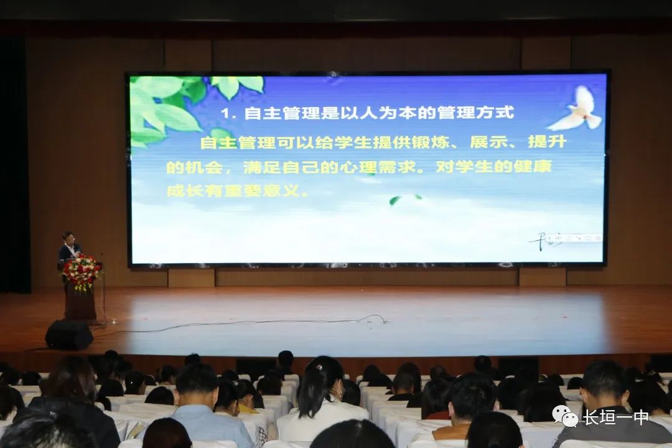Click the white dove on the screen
point(576,109)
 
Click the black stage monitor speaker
point(69,334)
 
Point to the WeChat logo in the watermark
point(564,416)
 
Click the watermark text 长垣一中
point(615,416)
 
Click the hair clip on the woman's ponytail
point(319,367)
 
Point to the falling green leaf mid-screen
point(395,200)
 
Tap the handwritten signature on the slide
point(545,242)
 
